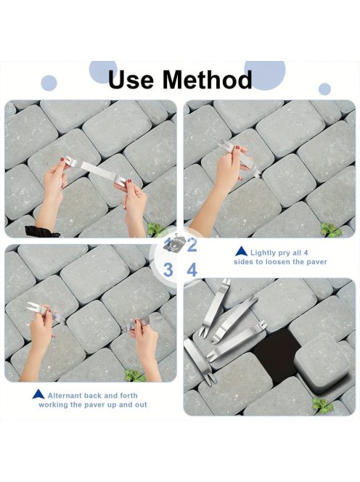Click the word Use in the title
[x=131, y=79]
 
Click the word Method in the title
[x=208, y=79]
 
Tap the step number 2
[x=192, y=245]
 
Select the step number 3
[x=168, y=270]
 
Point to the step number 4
[x=192, y=270]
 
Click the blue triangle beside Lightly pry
[x=242, y=251]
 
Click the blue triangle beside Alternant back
[x=38, y=394]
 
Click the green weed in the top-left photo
[x=155, y=229]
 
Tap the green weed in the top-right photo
[x=331, y=229]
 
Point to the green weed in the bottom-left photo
[x=135, y=375]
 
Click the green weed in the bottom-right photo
[x=322, y=405]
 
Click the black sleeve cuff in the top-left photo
[x=41, y=232]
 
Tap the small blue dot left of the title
[x=49, y=83]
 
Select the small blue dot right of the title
[x=324, y=89]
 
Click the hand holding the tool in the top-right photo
[x=229, y=168]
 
